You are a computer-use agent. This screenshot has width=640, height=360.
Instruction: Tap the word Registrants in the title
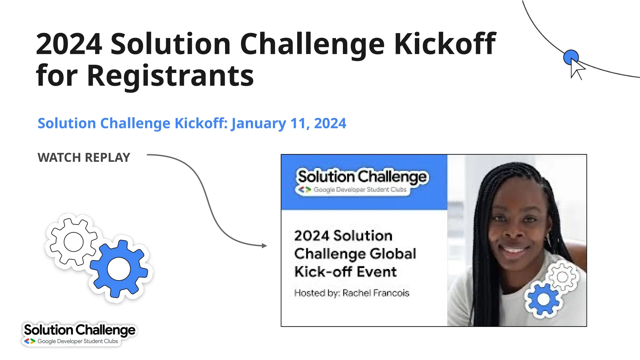click(x=170, y=76)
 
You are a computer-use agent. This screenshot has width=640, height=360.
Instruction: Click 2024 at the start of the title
click(x=69, y=44)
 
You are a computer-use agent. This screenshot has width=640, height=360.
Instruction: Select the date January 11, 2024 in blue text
click(x=288, y=123)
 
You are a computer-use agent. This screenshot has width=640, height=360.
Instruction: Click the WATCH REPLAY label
click(x=84, y=157)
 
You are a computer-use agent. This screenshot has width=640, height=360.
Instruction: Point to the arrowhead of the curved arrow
click(x=265, y=246)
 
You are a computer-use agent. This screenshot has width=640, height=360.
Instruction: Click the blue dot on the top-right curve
click(x=571, y=57)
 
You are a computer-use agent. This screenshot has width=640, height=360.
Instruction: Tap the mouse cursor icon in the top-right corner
click(x=576, y=69)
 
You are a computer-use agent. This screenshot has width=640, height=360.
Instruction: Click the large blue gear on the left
click(x=119, y=269)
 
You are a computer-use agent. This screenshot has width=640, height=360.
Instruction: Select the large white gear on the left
click(x=73, y=242)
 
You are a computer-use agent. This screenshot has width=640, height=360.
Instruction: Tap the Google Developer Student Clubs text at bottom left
click(x=77, y=341)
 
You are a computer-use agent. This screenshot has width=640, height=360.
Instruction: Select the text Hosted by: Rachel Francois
click(x=352, y=293)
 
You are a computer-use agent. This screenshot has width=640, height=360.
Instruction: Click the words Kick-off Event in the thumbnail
click(x=345, y=272)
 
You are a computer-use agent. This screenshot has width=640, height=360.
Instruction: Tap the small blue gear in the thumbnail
click(x=543, y=299)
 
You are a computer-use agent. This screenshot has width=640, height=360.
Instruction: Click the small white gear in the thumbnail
click(x=562, y=277)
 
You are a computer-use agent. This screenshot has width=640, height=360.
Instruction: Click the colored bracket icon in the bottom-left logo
click(x=30, y=341)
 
